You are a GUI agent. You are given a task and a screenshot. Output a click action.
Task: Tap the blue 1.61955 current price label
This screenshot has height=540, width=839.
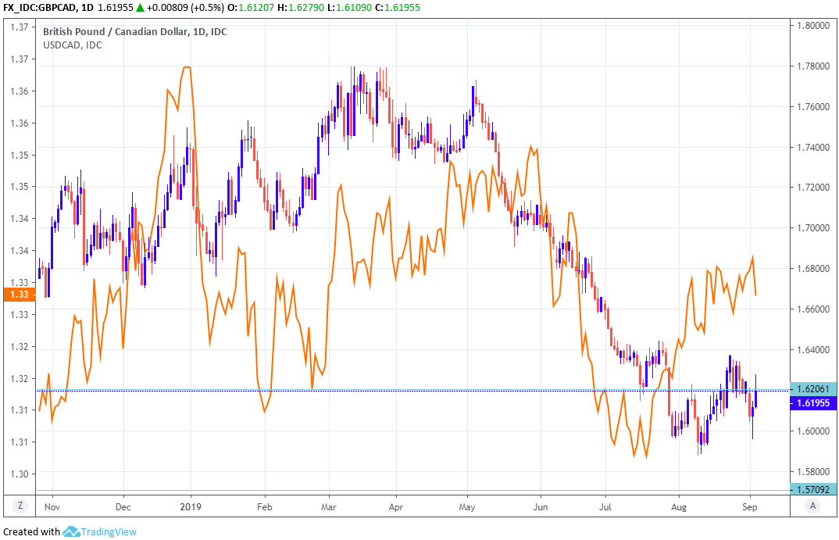[x=812, y=403]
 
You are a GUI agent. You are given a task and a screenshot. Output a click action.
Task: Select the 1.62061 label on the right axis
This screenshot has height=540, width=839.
[x=812, y=388]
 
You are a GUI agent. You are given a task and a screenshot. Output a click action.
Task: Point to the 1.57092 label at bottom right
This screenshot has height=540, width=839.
[x=812, y=488]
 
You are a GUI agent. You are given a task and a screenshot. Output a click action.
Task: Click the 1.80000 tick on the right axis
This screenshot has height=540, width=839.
[x=812, y=26]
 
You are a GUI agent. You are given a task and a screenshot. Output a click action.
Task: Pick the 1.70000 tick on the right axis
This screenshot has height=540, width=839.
[x=812, y=228]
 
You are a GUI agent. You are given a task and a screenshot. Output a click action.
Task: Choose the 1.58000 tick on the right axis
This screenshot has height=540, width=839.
[x=812, y=472]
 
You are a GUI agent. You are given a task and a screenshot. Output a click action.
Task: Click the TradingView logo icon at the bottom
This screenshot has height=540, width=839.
[x=72, y=531]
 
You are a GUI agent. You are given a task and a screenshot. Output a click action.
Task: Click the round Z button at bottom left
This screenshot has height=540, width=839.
[x=20, y=505]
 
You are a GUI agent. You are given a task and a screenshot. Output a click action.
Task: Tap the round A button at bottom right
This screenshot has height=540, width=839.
[x=813, y=505]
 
